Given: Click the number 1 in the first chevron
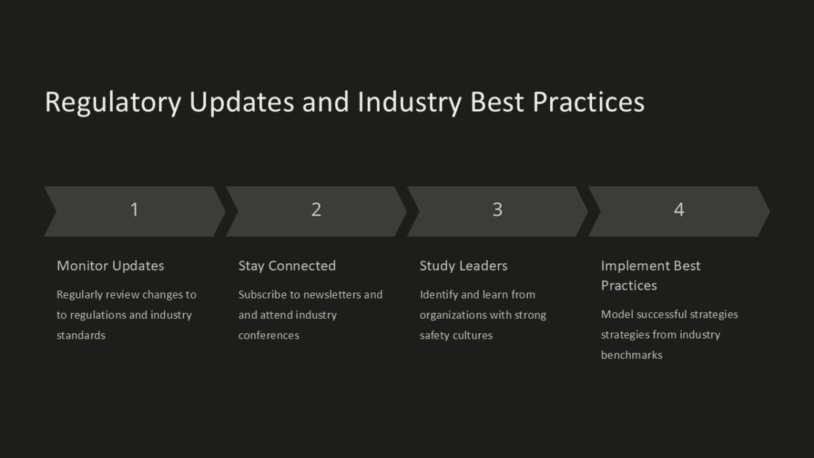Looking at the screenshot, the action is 134,210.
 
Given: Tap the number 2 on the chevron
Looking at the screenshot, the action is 316,210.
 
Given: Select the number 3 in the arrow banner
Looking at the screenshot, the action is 497,210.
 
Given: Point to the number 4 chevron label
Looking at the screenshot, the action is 679,210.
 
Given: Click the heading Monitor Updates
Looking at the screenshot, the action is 110,266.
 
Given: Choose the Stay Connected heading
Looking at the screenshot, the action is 287,266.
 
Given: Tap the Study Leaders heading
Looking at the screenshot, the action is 463,266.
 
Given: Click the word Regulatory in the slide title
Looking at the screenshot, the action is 113,103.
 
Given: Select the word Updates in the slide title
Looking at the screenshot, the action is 241,103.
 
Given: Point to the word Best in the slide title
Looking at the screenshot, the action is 497,102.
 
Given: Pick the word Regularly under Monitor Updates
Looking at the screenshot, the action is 79,294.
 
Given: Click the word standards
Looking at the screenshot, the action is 81,335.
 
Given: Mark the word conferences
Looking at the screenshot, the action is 269,335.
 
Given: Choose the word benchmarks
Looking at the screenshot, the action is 632,355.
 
